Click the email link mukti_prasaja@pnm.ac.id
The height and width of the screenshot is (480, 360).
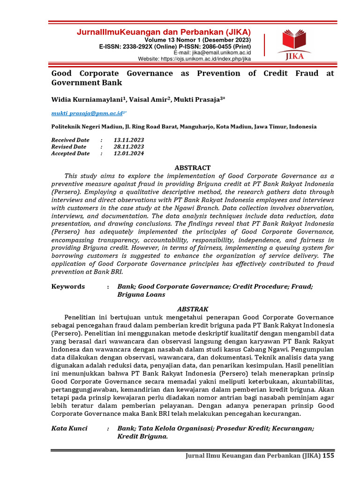tap(87, 113)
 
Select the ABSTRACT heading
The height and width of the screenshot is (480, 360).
tap(193, 167)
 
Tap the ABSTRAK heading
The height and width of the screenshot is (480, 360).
tap(193, 309)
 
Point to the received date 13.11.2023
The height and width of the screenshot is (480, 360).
tap(128, 140)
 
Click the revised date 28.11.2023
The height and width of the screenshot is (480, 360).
tap(128, 147)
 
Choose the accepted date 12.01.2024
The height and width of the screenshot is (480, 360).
tap(128, 153)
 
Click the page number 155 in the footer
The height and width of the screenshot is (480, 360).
tap(329, 456)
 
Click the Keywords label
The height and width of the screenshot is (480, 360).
tap(68, 286)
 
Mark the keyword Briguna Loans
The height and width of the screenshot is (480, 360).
tap(141, 295)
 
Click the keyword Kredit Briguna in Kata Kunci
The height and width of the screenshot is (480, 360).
tap(142, 436)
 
